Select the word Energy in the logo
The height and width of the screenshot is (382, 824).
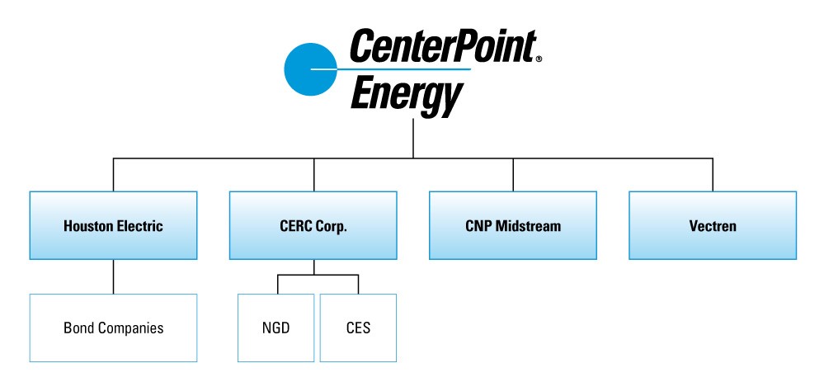(404, 96)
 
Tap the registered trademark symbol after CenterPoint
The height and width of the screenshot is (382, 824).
(539, 59)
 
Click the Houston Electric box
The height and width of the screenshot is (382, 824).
(113, 225)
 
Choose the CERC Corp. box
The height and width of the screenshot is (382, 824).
(313, 225)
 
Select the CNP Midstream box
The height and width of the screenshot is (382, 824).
(512, 225)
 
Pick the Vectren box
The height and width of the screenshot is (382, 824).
(713, 225)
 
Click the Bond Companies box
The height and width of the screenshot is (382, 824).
(113, 328)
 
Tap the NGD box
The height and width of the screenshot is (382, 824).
(276, 328)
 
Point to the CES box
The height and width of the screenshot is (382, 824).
(358, 328)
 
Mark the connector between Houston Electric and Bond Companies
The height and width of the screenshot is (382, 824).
(113, 276)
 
